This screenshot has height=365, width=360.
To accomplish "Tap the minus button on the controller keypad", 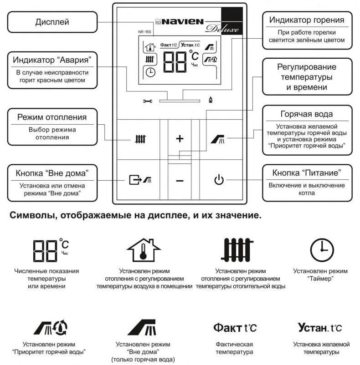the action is pyautogui.click(x=180, y=181).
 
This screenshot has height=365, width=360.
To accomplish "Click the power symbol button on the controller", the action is pyautogui.click(x=219, y=180).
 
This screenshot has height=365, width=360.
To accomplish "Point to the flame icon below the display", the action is pyautogui.click(x=210, y=100).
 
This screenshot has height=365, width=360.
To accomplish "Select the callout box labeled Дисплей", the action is pyautogui.click(x=52, y=22).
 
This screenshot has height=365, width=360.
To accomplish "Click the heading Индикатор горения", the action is pyautogui.click(x=307, y=20).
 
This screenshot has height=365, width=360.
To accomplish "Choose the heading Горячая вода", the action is pyautogui.click(x=306, y=114).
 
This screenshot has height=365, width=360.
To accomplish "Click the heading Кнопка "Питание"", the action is pyautogui.click(x=307, y=173).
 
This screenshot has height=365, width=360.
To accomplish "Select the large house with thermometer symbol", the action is pyautogui.click(x=144, y=250).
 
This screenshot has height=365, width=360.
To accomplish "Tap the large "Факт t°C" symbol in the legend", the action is pyautogui.click(x=235, y=328).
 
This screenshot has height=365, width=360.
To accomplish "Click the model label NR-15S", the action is pyautogui.click(x=145, y=32).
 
